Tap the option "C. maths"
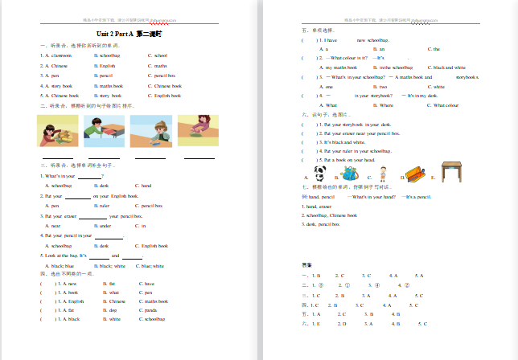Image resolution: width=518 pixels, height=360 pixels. (x=158, y=65)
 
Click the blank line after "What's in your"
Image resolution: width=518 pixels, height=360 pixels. (x=88, y=176)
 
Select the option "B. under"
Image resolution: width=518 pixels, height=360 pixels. (x=103, y=226)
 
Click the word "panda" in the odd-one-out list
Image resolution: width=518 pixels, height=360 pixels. (x=150, y=309)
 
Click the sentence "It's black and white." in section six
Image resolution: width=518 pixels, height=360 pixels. (x=339, y=142)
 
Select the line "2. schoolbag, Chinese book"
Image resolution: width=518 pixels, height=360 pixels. (x=330, y=215)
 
